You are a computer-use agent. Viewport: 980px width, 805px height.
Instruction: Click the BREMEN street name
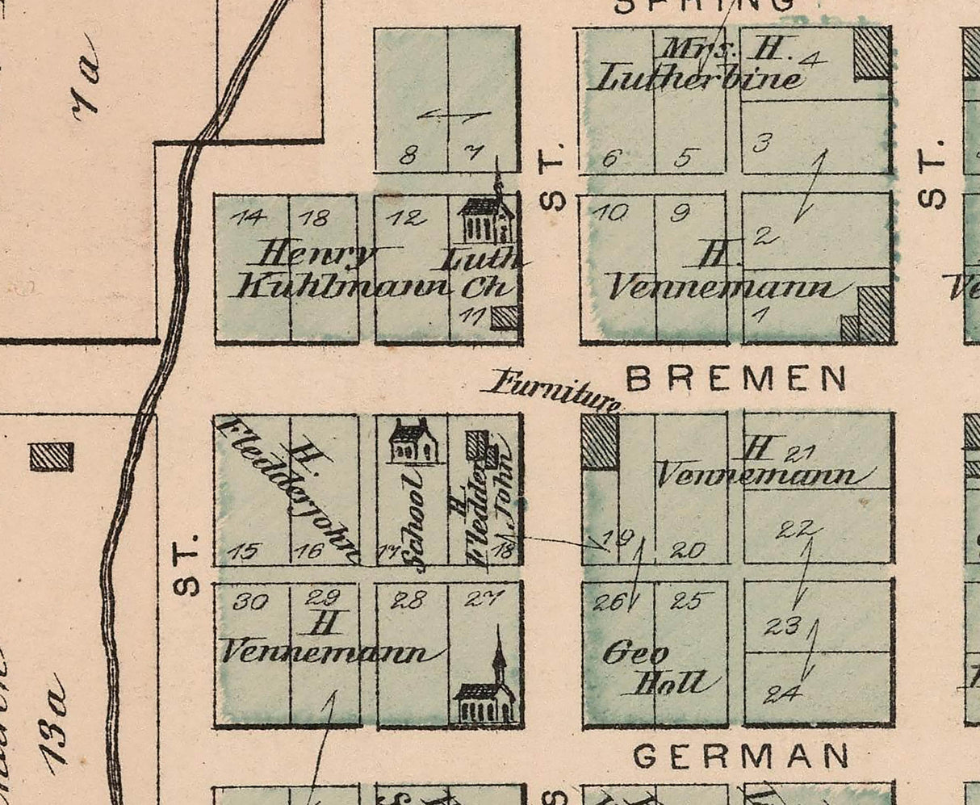(x=737, y=379)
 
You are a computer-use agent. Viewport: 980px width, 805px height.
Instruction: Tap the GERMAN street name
(x=741, y=757)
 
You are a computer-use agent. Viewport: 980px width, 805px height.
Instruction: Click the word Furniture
(x=553, y=389)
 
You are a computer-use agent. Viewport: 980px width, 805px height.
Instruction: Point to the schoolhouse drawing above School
(x=413, y=442)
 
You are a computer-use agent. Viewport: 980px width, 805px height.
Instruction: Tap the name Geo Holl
(x=658, y=669)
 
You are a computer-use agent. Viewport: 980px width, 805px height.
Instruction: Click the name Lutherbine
(x=698, y=78)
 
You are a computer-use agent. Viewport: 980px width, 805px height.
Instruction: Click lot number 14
(x=247, y=216)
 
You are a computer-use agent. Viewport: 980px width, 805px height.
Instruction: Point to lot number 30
(x=251, y=602)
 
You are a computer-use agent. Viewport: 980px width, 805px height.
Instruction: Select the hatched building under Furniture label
(x=600, y=441)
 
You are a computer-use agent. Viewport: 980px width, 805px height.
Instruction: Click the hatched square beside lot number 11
(x=505, y=317)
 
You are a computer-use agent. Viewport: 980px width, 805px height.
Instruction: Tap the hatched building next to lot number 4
(x=872, y=52)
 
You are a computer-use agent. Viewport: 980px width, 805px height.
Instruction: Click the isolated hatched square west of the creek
(x=52, y=457)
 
